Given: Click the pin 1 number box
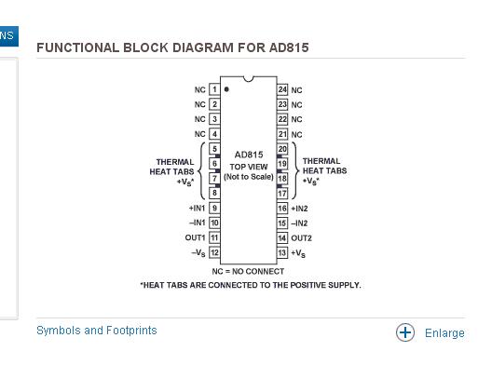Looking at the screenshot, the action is click(214, 89).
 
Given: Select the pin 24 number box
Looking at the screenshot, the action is click(282, 89).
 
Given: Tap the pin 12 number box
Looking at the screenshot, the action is click(214, 252).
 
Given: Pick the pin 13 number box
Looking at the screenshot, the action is click(282, 252).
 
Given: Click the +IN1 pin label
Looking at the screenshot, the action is click(198, 208).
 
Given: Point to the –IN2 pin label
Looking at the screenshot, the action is click(299, 223).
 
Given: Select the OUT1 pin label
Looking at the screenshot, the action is click(196, 237).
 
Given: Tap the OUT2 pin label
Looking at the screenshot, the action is click(301, 238).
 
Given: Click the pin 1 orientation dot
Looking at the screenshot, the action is click(226, 89).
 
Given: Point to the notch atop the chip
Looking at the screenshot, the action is click(249, 79).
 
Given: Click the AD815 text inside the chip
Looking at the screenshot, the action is click(249, 155).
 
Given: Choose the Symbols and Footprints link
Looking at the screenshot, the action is click(97, 331).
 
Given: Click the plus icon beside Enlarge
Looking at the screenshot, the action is click(405, 332).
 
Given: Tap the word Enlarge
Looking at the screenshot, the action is click(444, 333).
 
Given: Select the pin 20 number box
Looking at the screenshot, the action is click(282, 149).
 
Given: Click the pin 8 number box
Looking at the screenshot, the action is click(214, 193).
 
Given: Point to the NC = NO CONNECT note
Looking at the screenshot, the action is click(248, 271).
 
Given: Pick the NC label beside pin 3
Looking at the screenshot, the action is click(200, 119).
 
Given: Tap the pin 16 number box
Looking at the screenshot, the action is click(282, 208).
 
